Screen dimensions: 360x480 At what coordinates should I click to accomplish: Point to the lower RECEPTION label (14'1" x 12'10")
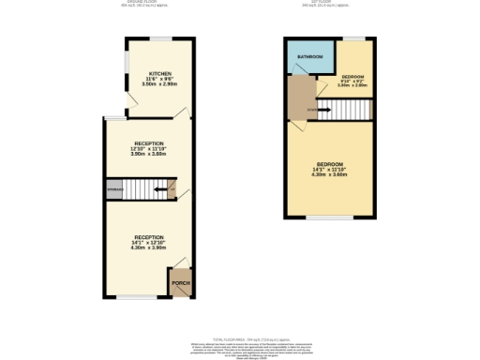coord(149,237)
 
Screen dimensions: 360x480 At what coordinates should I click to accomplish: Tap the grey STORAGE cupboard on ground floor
coord(113,189)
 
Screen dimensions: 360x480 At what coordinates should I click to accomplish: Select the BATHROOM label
coord(310,57)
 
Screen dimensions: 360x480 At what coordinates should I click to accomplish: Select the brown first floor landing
coord(302,97)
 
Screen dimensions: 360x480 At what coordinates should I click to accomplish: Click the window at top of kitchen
coord(158,38)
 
